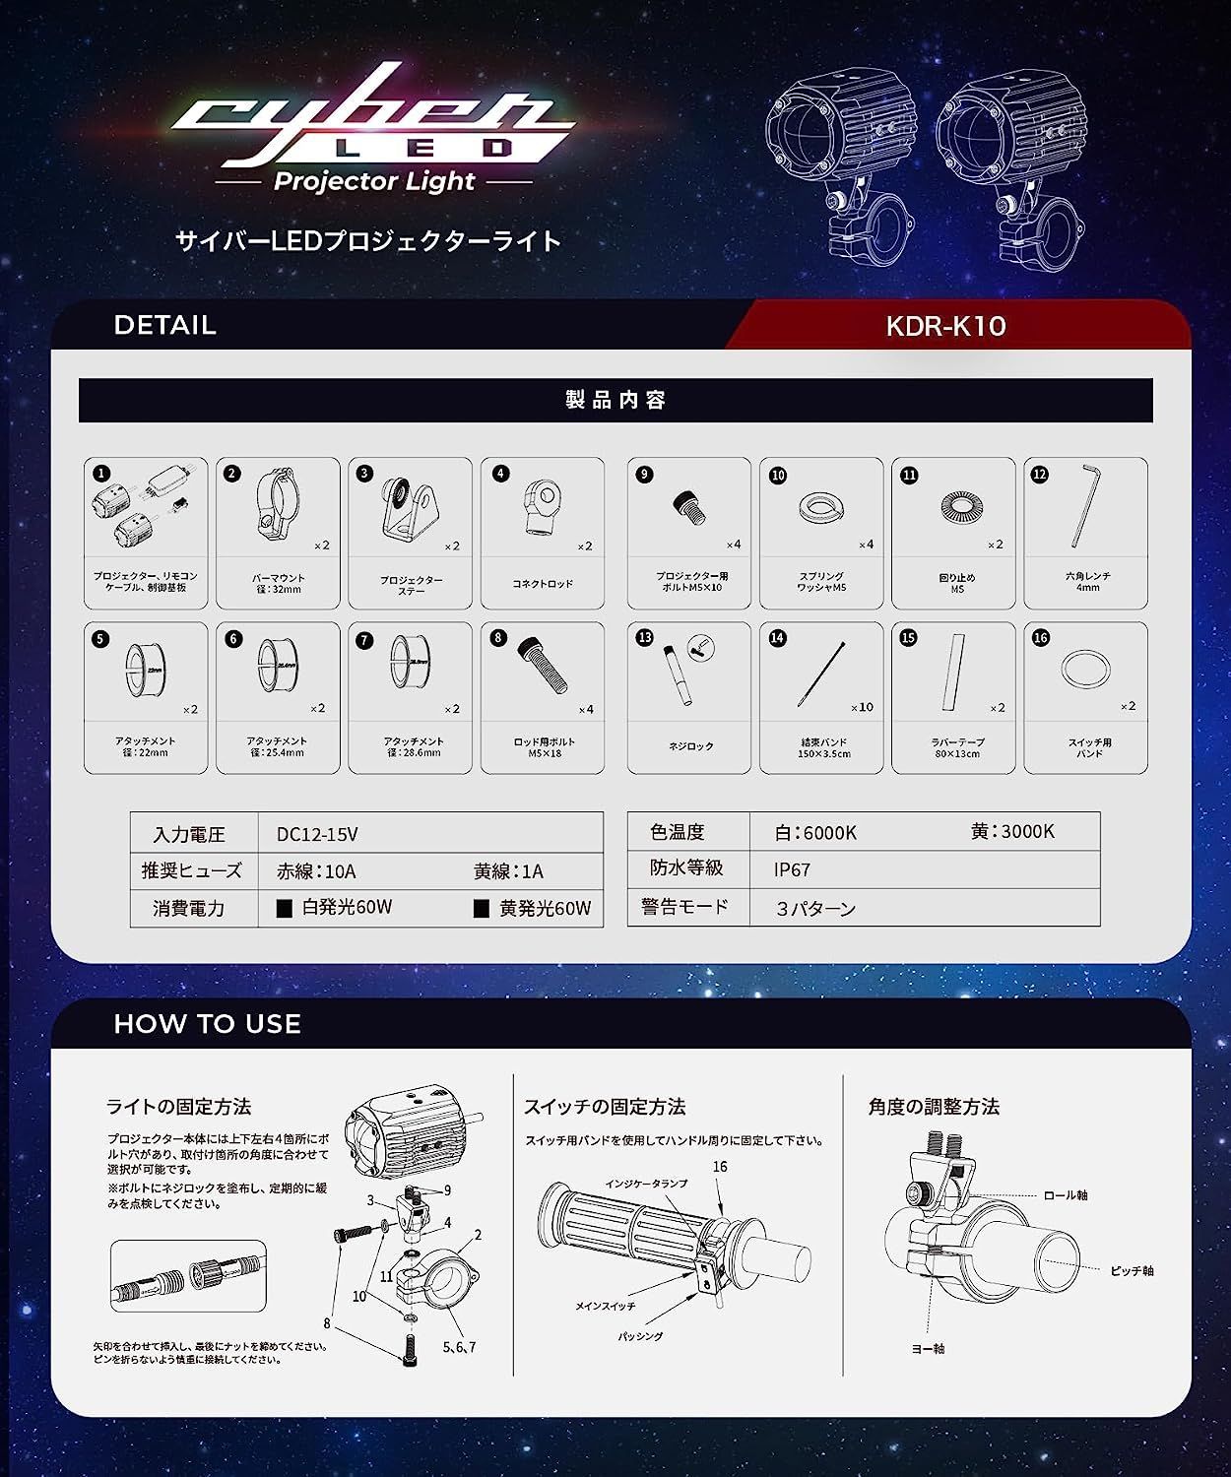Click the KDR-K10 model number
pyautogui.click(x=945, y=326)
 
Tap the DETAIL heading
pyautogui.click(x=164, y=325)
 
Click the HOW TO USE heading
pyautogui.click(x=207, y=1024)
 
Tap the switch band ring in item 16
pyautogui.click(x=1085, y=670)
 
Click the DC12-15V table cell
pyautogui.click(x=317, y=834)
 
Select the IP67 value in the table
pyautogui.click(x=792, y=869)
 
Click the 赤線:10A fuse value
pyautogui.click(x=316, y=871)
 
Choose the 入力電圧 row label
pyautogui.click(x=189, y=834)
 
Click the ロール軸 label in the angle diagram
pyautogui.click(x=1065, y=1195)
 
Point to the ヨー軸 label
pyautogui.click(x=928, y=1348)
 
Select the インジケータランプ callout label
pyautogui.click(x=646, y=1183)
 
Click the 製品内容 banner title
pyautogui.click(x=615, y=400)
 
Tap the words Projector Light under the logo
pyautogui.click(x=374, y=181)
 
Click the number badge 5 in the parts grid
pyautogui.click(x=100, y=639)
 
